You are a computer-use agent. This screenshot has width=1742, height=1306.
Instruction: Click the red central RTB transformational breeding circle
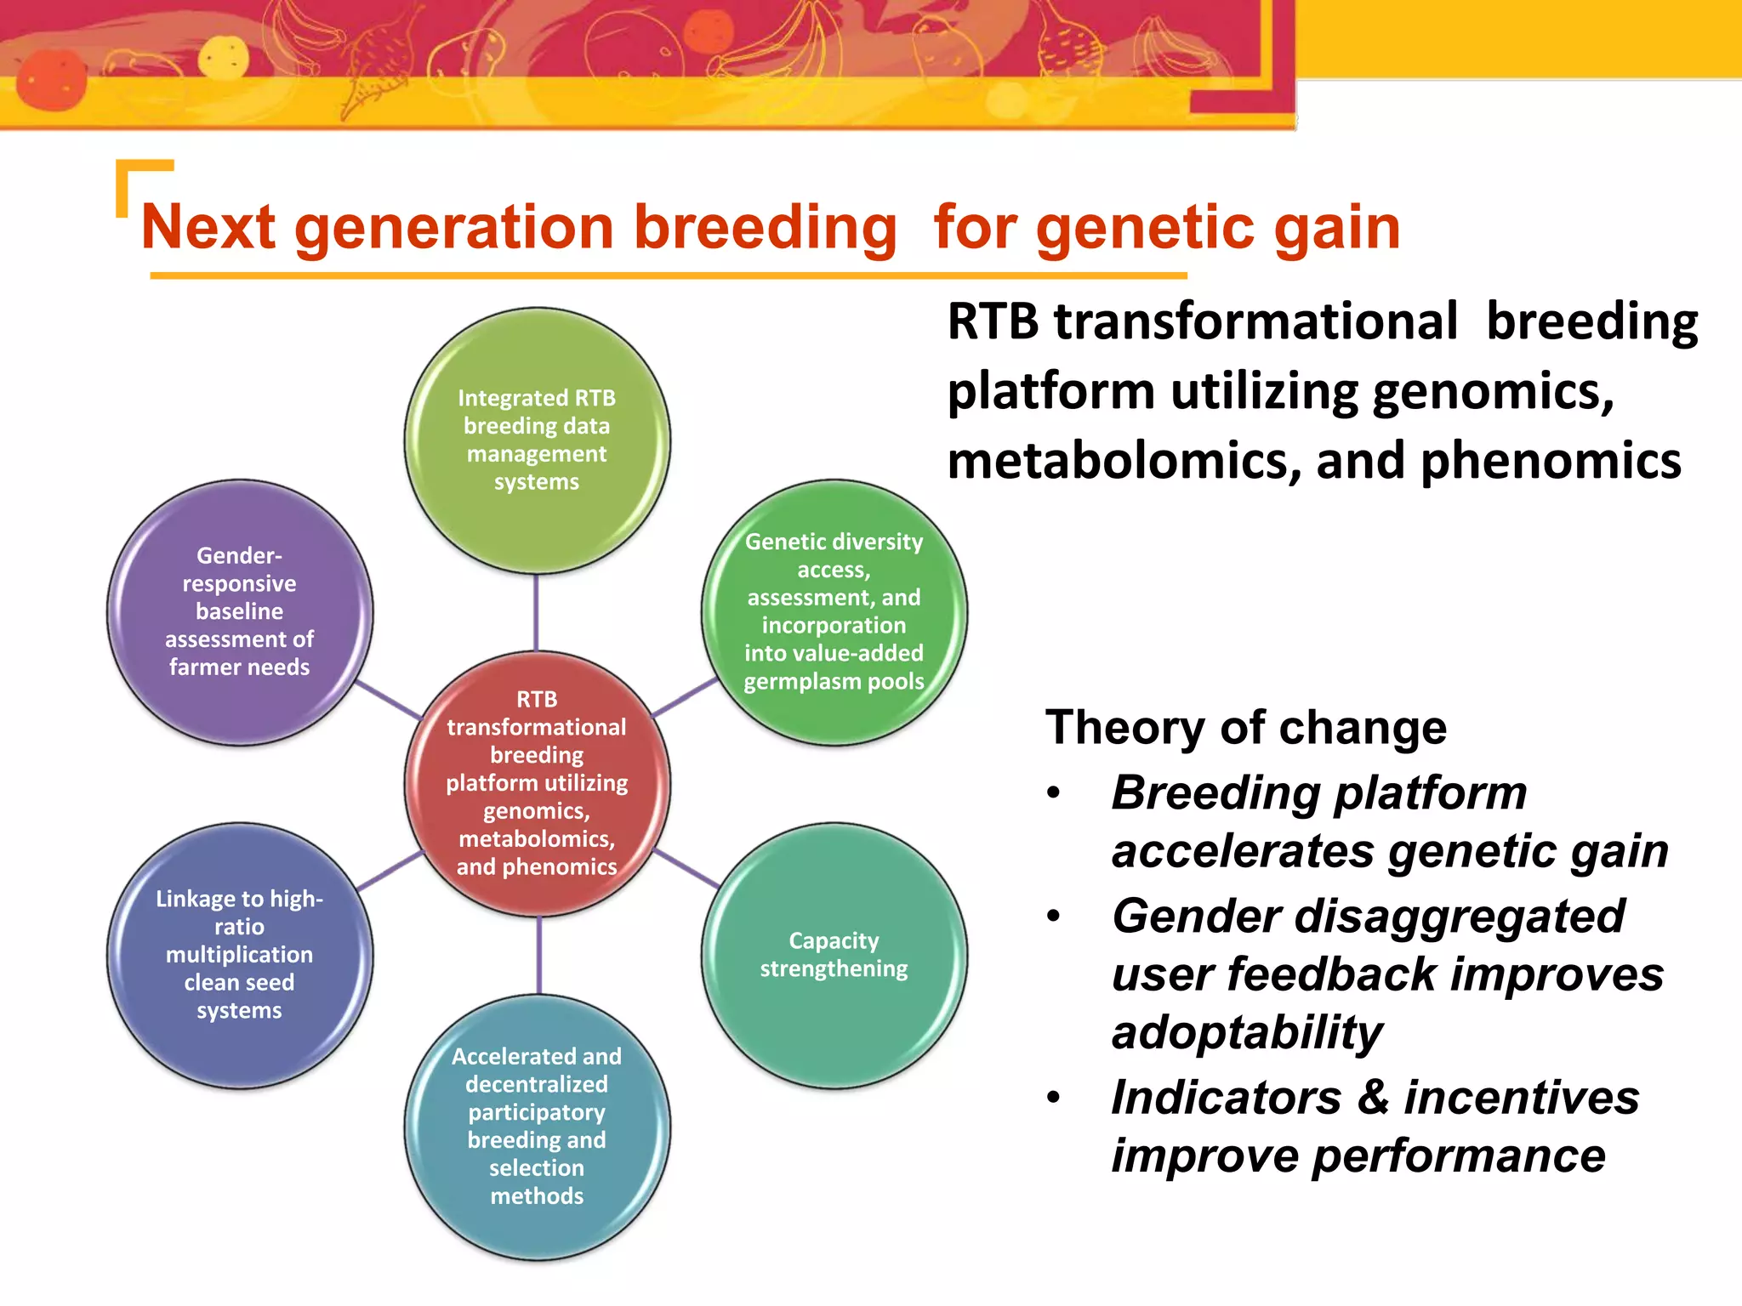point(537,783)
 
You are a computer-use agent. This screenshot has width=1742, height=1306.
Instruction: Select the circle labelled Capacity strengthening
point(834,954)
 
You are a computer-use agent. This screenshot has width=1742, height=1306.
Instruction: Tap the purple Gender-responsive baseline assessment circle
point(239,611)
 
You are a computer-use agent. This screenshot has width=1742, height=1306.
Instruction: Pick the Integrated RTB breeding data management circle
point(537,440)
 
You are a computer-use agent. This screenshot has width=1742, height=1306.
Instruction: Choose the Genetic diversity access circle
point(834,611)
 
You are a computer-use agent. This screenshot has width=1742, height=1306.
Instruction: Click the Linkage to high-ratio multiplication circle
point(239,954)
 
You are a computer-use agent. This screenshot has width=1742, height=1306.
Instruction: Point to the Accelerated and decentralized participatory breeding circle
point(537,1126)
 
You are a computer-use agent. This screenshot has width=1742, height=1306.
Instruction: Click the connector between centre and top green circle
point(536,612)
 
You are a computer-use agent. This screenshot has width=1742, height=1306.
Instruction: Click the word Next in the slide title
point(208,228)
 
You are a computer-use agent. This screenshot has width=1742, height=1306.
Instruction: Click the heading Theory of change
point(1245,728)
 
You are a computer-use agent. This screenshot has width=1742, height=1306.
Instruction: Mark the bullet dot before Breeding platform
point(1054,793)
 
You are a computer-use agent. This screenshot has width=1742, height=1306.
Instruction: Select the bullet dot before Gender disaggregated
point(1054,917)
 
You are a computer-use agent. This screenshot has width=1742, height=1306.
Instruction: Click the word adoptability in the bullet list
point(1246,1032)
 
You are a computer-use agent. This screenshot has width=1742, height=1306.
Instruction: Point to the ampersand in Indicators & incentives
point(1372,1097)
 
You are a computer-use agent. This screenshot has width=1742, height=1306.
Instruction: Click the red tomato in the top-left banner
point(51,81)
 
